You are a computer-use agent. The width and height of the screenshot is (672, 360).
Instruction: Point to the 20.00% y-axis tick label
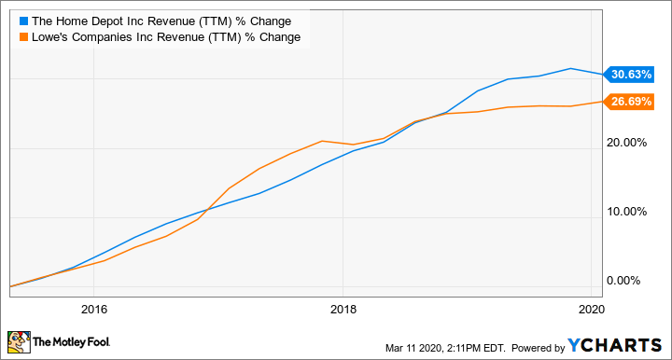click(627, 143)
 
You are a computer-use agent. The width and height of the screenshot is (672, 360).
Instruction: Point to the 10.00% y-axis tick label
click(627, 212)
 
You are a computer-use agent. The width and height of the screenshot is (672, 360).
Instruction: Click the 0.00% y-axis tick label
click(630, 281)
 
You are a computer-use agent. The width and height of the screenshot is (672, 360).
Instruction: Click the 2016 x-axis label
click(93, 310)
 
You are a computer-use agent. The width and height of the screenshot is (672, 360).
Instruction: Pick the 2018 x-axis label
click(343, 310)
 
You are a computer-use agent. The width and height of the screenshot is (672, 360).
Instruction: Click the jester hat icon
click(21, 341)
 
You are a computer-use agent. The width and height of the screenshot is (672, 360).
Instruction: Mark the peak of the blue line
click(570, 68)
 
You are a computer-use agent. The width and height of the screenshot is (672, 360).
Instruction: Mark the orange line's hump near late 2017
click(322, 141)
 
